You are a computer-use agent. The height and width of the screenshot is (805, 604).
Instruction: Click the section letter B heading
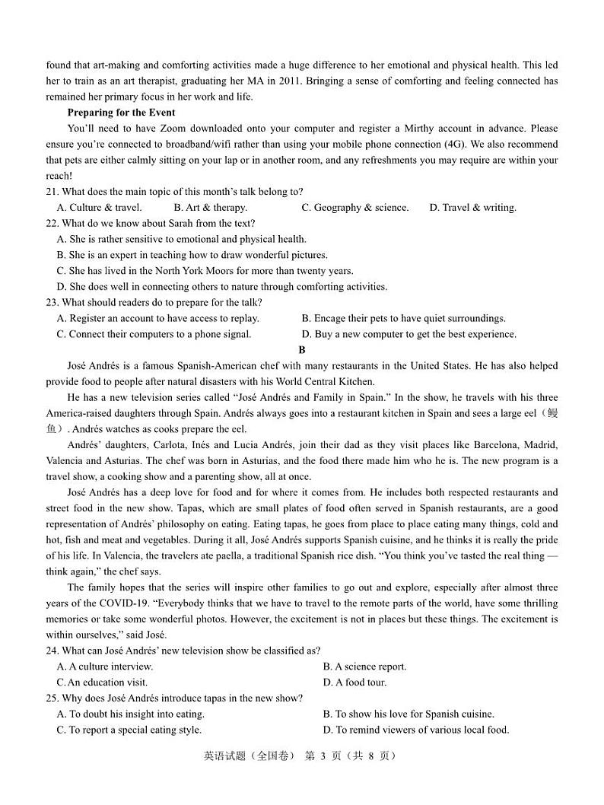click(x=302, y=350)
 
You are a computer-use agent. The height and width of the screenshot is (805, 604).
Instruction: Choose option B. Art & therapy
click(x=210, y=208)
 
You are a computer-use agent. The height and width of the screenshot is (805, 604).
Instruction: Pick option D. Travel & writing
click(x=472, y=208)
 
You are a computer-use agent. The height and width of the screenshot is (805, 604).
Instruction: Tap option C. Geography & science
click(x=354, y=208)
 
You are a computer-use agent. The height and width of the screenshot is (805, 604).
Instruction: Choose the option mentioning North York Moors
click(x=205, y=271)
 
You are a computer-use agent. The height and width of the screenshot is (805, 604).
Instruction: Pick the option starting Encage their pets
click(x=403, y=319)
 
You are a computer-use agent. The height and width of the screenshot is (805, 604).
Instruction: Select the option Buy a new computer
click(x=408, y=334)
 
